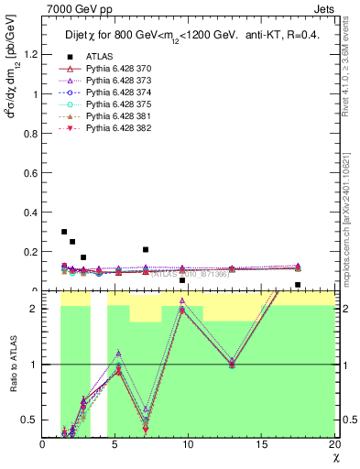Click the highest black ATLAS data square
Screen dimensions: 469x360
point(64,232)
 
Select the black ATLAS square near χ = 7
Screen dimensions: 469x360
point(146,249)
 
